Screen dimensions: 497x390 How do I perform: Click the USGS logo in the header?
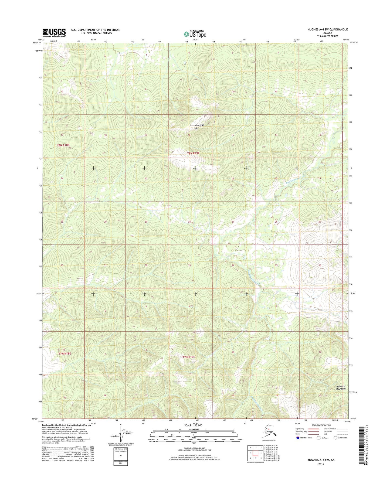[54, 33]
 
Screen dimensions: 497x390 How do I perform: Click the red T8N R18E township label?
[63, 145]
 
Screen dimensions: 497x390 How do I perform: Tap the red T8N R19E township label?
[193, 153]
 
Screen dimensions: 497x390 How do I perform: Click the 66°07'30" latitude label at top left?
[37, 43]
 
